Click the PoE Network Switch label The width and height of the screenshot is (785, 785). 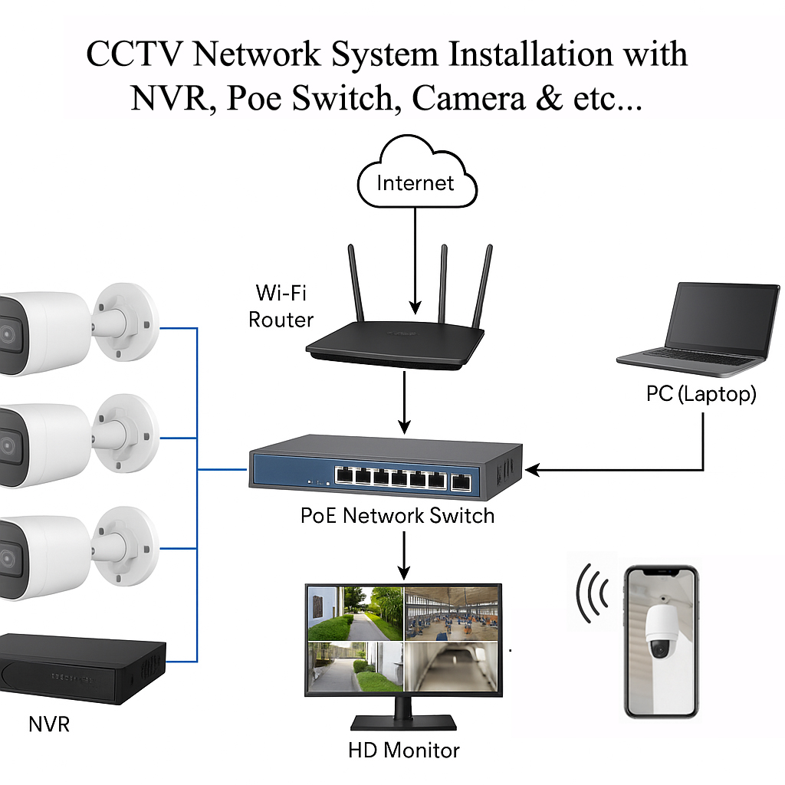pos(397,515)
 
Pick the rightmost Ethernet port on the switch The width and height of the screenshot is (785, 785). pos(462,481)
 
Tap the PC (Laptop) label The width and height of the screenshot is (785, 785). pos(701,394)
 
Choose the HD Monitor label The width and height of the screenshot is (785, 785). pos(404,749)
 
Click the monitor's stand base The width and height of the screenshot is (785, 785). pos(404,722)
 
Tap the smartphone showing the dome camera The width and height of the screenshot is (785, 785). pos(660,641)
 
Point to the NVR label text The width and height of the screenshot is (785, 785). pos(48,723)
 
